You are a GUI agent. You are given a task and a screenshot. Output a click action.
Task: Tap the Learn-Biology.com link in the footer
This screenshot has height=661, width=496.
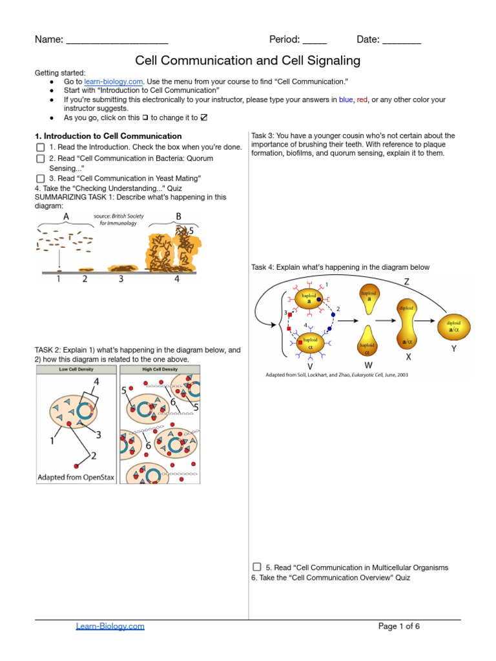click(x=110, y=626)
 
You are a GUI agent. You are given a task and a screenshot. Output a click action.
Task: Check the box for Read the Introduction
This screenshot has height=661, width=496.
click(x=40, y=147)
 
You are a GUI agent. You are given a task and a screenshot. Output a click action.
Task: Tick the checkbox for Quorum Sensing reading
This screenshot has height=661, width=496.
click(x=40, y=158)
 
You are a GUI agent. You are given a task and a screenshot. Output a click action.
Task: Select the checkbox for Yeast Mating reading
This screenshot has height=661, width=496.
click(x=40, y=178)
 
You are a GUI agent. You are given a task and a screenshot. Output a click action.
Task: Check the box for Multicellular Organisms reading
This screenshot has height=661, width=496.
click(x=257, y=567)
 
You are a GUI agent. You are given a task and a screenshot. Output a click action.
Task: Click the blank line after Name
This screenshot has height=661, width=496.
click(x=117, y=41)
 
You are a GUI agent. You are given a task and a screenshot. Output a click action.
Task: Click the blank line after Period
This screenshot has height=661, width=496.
click(x=315, y=41)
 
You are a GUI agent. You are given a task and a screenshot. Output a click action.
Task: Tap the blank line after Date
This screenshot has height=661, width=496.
click(x=402, y=41)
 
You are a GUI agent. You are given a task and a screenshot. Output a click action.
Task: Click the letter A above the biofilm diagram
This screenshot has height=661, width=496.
click(x=66, y=216)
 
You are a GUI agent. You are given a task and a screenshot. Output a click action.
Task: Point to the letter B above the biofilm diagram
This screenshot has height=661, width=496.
click(x=178, y=216)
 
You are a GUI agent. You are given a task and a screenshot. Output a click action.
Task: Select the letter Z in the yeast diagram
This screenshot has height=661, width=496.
click(x=407, y=281)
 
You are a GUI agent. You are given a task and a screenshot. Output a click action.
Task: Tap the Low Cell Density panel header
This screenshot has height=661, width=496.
click(x=76, y=369)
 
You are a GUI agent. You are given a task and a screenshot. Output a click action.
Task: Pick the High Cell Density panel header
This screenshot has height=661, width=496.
click(x=160, y=369)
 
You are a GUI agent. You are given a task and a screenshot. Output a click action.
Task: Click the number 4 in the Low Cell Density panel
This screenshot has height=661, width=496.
click(x=96, y=382)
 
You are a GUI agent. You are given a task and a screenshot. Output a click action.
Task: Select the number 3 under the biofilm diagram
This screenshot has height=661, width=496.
click(x=121, y=280)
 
